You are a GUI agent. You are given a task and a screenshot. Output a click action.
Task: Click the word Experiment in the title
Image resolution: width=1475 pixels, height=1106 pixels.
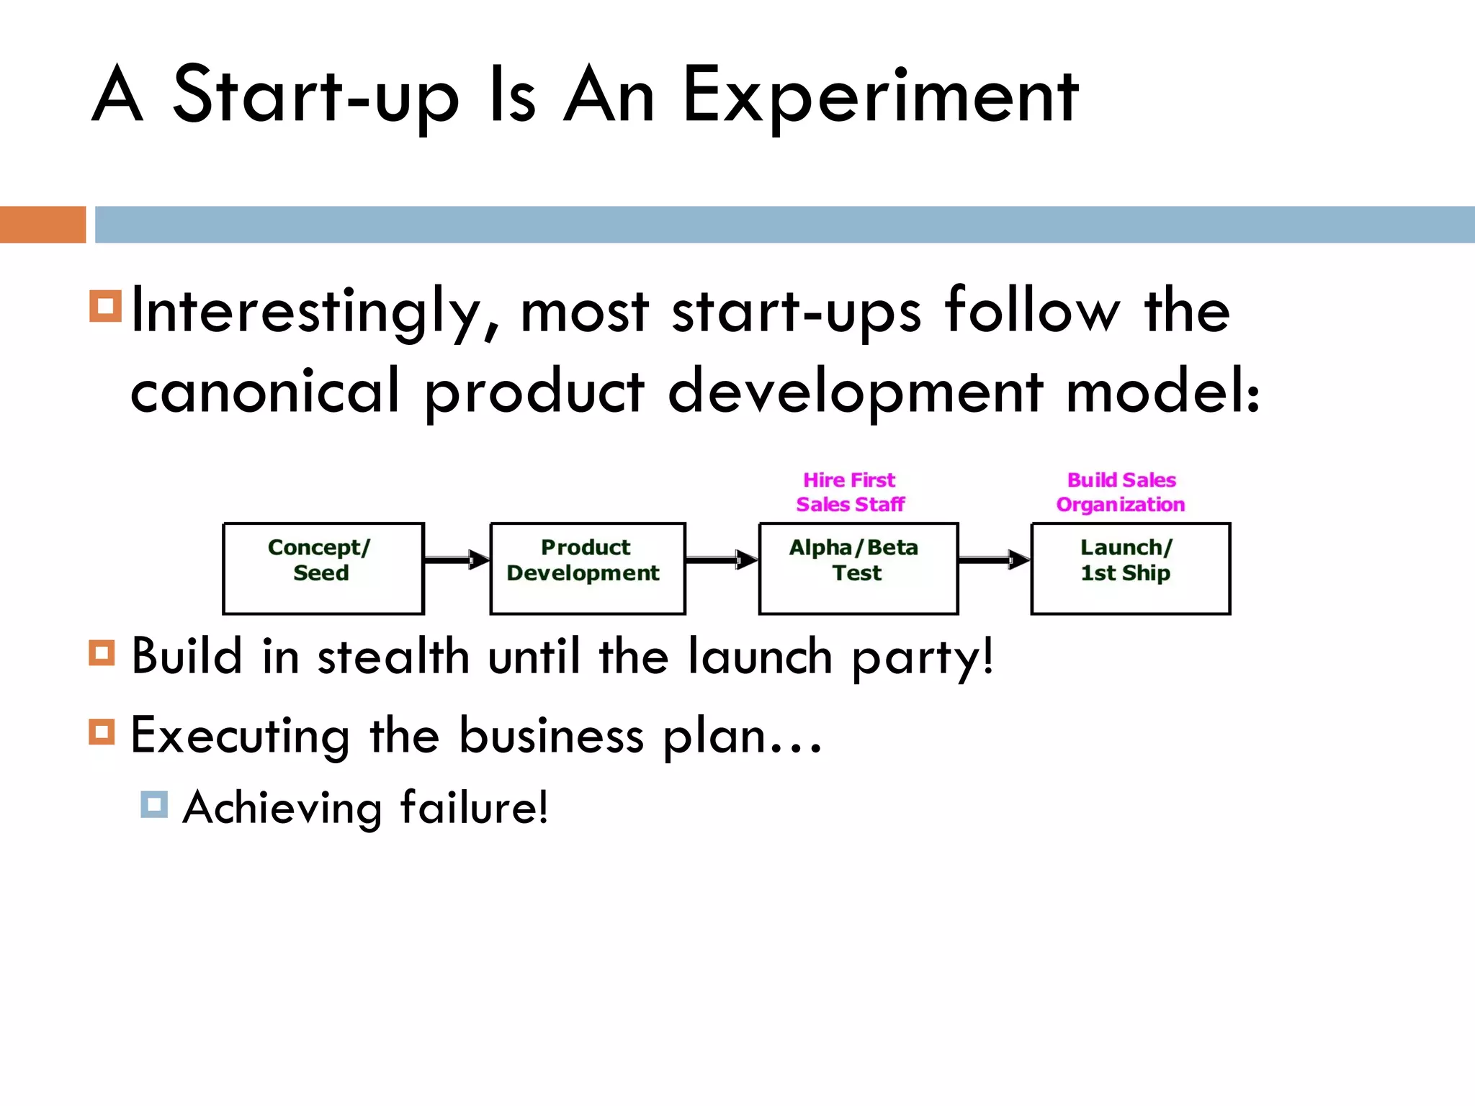tap(879, 96)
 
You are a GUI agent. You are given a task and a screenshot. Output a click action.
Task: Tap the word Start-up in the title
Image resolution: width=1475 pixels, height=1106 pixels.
tap(315, 96)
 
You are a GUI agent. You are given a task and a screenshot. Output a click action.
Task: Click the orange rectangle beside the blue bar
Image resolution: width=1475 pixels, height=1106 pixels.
tap(42, 225)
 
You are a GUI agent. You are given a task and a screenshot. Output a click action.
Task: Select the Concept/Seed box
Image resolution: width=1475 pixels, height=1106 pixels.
tap(323, 568)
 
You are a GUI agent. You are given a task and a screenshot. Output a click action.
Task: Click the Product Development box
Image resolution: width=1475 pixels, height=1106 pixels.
tap(587, 568)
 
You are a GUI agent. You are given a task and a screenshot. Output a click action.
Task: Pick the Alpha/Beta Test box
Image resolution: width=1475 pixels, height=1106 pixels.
tap(858, 568)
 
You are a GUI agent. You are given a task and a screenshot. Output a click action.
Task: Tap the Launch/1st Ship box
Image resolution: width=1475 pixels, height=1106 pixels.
tap(1130, 568)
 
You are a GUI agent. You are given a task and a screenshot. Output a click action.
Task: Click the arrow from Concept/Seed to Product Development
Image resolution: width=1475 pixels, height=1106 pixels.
tap(457, 559)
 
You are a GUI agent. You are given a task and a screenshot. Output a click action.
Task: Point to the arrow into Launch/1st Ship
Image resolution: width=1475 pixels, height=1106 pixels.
tap(994, 559)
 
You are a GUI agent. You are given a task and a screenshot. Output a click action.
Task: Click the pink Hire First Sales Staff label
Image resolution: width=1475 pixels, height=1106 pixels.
tap(850, 493)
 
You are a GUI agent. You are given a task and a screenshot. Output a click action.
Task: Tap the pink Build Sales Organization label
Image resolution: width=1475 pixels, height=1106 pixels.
tap(1121, 493)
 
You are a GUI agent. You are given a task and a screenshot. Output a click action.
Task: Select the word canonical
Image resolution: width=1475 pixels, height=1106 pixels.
tap(264, 391)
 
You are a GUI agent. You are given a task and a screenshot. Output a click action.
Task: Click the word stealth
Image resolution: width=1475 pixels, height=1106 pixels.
tap(393, 657)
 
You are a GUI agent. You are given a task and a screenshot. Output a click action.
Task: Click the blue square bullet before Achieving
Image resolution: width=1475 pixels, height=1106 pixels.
tap(154, 804)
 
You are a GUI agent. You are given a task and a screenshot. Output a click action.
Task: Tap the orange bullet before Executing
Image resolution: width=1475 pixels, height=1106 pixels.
tap(102, 732)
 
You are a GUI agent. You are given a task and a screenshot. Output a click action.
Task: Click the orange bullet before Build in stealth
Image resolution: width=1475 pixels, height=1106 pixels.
tap(102, 654)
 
